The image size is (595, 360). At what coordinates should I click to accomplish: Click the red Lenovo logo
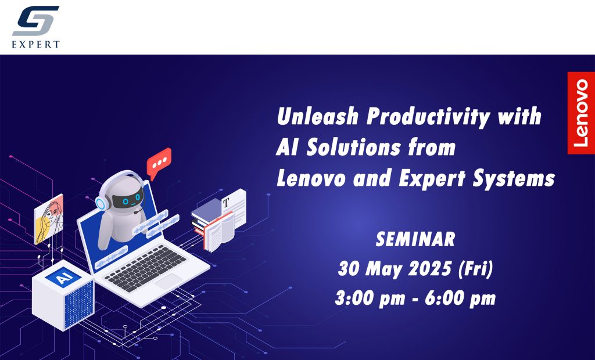point(581,113)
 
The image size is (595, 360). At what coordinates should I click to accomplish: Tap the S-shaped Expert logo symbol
point(35,21)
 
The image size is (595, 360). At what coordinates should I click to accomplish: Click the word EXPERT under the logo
point(35,44)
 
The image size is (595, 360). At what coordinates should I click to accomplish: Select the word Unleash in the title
point(318,116)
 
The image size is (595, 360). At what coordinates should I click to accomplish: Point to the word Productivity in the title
point(428,117)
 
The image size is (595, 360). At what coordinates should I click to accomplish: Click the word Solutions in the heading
point(353,147)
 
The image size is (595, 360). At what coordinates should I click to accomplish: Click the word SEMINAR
point(415,239)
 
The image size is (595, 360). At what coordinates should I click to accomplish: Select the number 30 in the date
point(349,269)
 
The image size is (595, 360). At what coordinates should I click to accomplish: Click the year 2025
point(429,269)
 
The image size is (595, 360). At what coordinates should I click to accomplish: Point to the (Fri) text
point(475,269)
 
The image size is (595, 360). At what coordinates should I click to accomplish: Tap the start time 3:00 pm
point(370,298)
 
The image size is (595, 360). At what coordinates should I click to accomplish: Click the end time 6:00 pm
point(460,298)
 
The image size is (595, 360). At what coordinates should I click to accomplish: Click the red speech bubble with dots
point(159,163)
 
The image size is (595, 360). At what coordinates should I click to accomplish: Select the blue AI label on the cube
point(63,276)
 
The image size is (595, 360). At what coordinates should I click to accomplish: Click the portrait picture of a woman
point(49,219)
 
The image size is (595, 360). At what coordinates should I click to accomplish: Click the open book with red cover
point(218,232)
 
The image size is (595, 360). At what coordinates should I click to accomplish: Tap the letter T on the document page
point(226,203)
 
